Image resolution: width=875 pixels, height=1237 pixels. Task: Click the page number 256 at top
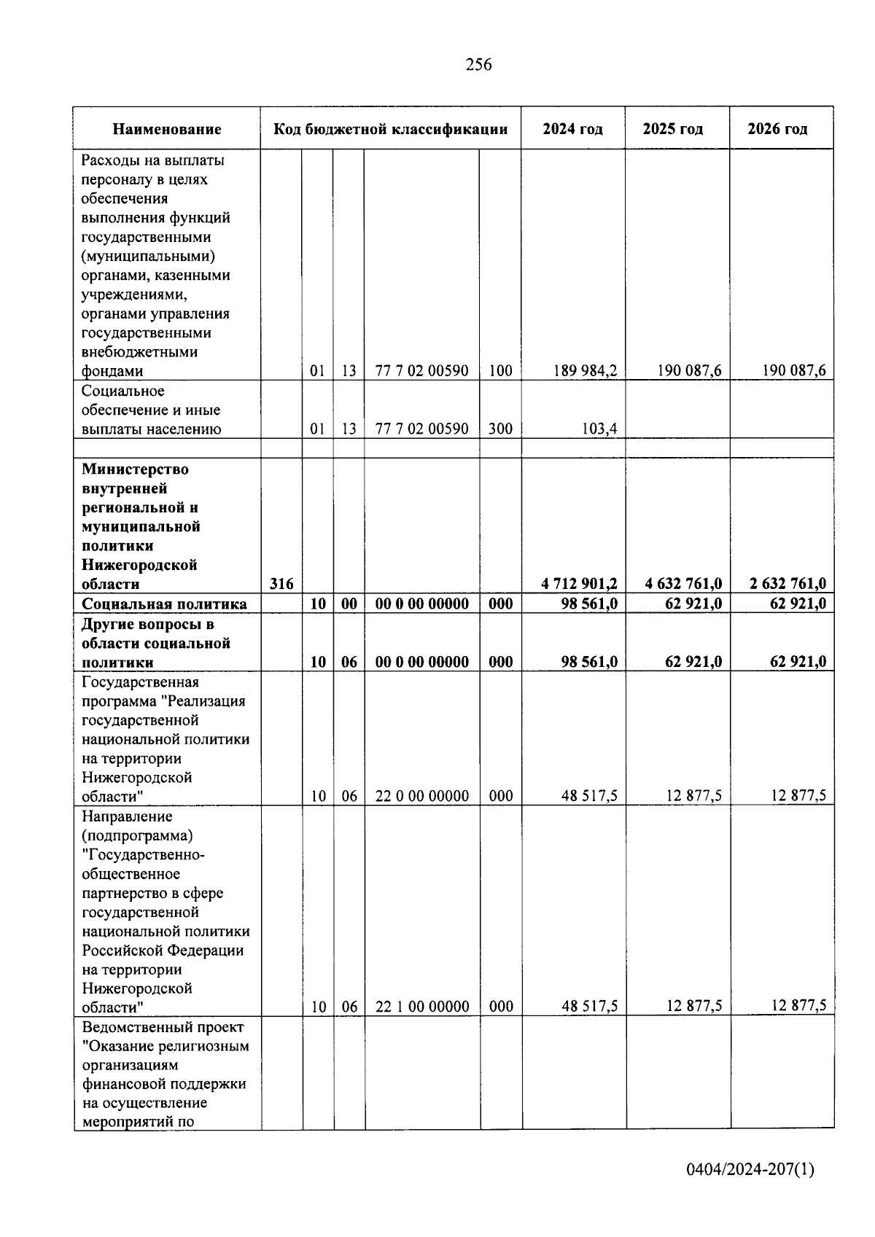tap(478, 65)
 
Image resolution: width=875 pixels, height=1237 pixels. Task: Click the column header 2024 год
tap(572, 129)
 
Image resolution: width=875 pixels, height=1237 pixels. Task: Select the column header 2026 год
tap(777, 129)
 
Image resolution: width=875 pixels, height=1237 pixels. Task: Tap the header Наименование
tap(167, 130)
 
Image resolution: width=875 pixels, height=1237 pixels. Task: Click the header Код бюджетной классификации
tap(390, 129)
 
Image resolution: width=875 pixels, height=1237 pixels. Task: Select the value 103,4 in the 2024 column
tap(599, 429)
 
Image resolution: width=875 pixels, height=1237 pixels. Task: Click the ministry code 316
tap(281, 584)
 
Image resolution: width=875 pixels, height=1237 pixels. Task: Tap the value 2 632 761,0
tap(787, 584)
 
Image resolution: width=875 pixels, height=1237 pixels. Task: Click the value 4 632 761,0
tap(683, 584)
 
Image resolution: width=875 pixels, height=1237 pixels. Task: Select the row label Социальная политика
tap(164, 604)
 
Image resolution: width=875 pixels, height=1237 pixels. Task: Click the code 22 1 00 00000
tap(422, 1007)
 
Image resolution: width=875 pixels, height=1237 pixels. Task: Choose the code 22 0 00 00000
tap(422, 796)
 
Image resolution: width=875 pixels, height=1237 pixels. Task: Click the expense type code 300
tap(500, 429)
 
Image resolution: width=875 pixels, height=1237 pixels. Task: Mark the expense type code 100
tap(500, 370)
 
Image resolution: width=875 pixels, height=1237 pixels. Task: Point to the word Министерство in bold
tap(135, 469)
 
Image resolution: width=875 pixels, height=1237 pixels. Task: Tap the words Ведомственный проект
tap(163, 1027)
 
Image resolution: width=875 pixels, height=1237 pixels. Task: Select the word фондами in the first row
tap(112, 371)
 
